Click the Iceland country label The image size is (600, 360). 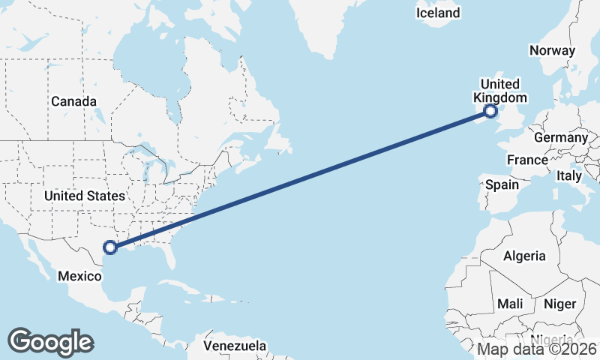point(439,13)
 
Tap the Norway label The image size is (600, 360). point(552,51)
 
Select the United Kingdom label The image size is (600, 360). point(500,90)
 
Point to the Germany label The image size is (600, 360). point(560,138)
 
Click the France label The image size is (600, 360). point(527,160)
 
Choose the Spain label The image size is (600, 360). point(502,184)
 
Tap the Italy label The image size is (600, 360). point(568,176)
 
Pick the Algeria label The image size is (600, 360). point(524,256)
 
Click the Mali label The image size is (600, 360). point(510,304)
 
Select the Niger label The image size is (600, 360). point(559,304)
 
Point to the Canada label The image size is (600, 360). point(73,101)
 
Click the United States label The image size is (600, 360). point(84,196)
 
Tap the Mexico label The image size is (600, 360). point(79,276)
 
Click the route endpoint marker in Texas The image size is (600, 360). point(110,247)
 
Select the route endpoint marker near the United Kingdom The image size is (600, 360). point(490,112)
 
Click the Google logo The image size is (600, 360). point(50,341)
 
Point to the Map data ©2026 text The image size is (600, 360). point(537,349)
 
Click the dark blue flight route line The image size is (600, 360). point(300,179)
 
